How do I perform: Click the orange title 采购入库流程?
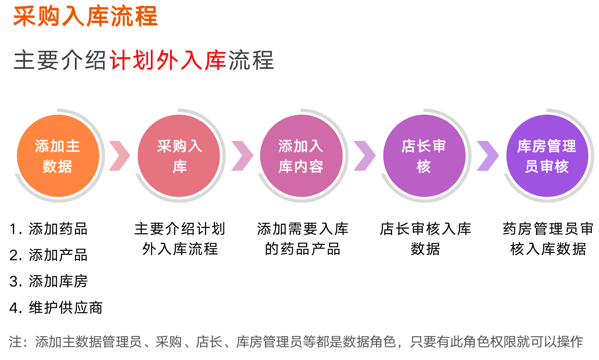point(85,17)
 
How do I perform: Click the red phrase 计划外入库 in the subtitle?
point(168,60)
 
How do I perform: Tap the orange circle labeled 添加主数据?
point(58,156)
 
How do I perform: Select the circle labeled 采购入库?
point(179,156)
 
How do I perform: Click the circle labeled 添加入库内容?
point(302,156)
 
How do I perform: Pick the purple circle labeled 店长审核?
point(424,156)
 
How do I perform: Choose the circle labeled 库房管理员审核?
point(547,156)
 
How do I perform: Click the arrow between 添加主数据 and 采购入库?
point(120,156)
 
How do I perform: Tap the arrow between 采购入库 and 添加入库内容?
point(242,156)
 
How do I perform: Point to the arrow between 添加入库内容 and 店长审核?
point(365,156)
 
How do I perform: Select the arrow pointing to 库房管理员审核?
point(488,156)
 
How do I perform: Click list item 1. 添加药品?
point(48,229)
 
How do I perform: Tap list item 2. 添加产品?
point(48,255)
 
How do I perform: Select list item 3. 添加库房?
point(48,281)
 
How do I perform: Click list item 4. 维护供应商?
point(56,307)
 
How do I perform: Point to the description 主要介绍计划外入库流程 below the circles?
point(180,239)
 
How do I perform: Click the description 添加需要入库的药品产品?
point(302,239)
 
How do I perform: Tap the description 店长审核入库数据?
point(425,239)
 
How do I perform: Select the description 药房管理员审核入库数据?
point(548,239)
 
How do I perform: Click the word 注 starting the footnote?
point(16,342)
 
